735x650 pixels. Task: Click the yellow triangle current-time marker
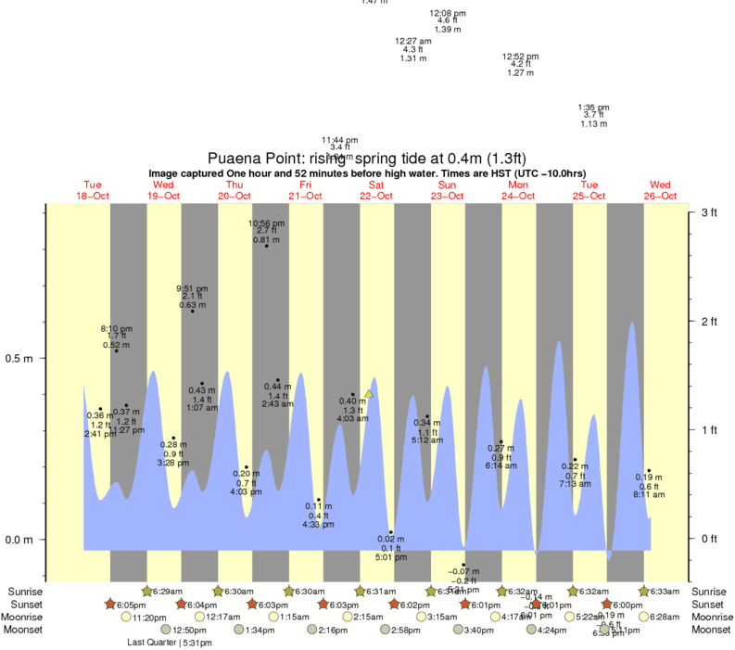(x=369, y=394)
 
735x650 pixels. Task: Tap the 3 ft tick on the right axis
(x=709, y=213)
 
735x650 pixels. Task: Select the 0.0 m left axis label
(x=20, y=540)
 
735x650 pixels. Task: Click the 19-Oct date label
(x=163, y=196)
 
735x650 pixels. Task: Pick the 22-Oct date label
(x=376, y=196)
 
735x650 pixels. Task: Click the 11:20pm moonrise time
(x=148, y=618)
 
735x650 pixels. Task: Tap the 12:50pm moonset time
(x=188, y=631)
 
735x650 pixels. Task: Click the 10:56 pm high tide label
(x=266, y=223)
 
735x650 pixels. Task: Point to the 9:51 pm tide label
(x=193, y=288)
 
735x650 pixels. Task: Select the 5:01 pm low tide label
(x=390, y=557)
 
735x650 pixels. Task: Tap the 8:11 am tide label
(x=649, y=494)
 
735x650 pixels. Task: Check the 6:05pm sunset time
(x=131, y=605)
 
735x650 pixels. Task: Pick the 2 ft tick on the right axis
(x=709, y=322)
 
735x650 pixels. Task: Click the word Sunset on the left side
(x=26, y=605)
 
